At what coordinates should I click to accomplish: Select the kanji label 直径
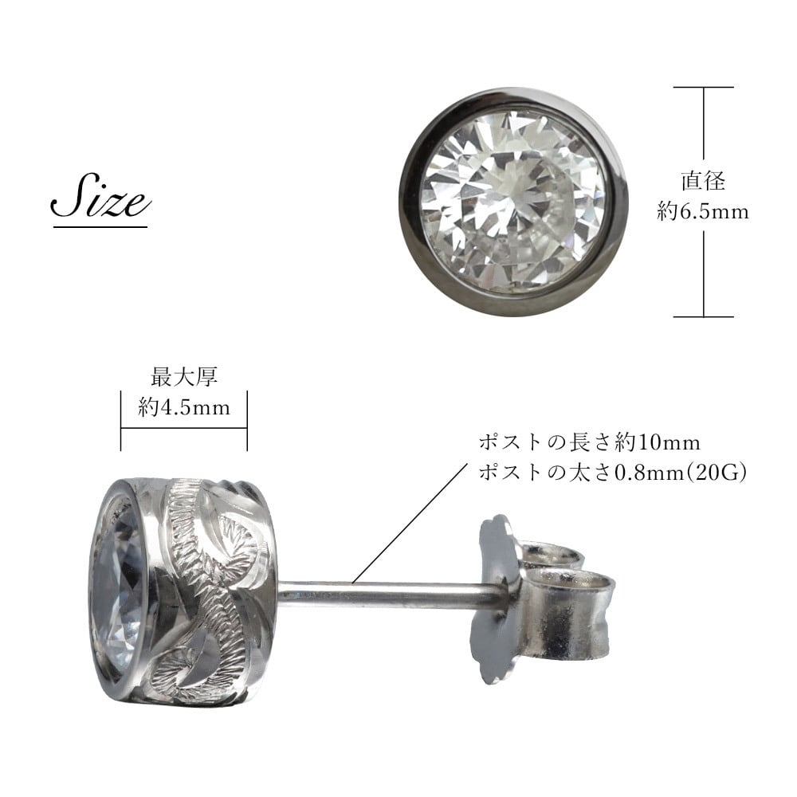(x=703, y=182)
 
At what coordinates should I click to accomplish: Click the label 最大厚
(x=184, y=377)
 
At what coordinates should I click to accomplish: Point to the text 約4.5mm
(x=184, y=407)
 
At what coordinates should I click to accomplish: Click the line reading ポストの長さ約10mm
(x=590, y=442)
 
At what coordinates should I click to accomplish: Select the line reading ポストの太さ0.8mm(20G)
(x=612, y=473)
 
